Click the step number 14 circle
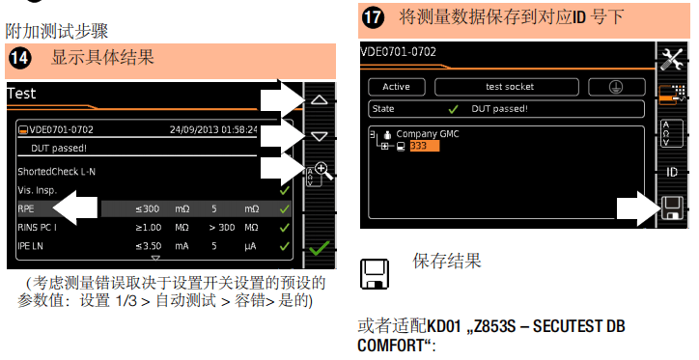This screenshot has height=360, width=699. click(x=20, y=58)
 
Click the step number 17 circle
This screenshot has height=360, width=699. click(x=373, y=17)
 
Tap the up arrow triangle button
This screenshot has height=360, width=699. click(x=320, y=99)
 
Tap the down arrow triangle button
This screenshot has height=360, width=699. click(x=320, y=136)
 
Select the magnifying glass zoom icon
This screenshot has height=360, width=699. click(x=323, y=171)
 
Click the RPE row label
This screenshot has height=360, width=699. click(x=26, y=209)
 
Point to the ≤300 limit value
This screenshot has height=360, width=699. click(x=149, y=209)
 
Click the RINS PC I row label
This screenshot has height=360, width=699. click(x=37, y=228)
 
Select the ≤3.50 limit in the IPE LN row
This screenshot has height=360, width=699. click(x=149, y=246)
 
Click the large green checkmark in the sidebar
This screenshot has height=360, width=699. click(x=320, y=249)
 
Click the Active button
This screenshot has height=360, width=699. click(x=396, y=87)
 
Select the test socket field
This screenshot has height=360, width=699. click(x=507, y=87)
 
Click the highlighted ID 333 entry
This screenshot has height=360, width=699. click(x=425, y=146)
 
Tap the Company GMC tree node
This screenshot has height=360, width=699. click(x=428, y=133)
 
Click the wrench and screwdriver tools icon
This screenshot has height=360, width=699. click(x=672, y=59)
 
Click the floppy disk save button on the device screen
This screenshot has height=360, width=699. click(x=672, y=208)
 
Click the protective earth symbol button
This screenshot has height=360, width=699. click(x=617, y=87)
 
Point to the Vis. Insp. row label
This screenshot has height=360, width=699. click(x=38, y=191)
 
